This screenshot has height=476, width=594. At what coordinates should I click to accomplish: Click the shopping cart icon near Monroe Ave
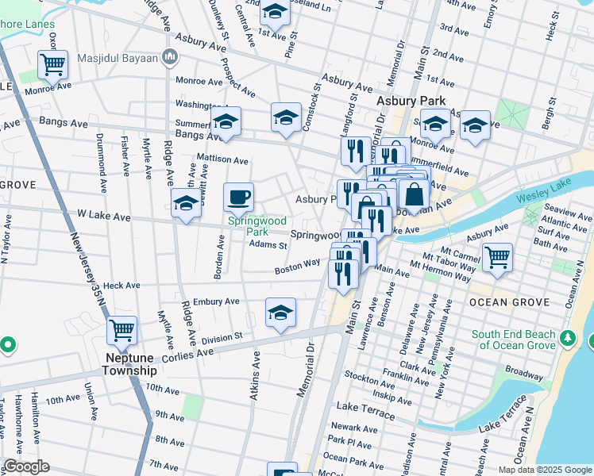click(x=52, y=63)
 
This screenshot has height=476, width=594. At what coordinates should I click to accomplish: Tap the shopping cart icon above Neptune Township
click(x=121, y=329)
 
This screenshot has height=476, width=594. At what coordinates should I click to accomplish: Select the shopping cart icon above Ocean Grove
click(x=497, y=256)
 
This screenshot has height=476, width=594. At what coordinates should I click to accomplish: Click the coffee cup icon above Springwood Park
click(x=238, y=196)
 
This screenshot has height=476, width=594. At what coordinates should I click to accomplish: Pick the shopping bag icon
click(x=414, y=194)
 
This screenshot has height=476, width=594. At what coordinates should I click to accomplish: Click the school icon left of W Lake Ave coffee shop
click(x=187, y=203)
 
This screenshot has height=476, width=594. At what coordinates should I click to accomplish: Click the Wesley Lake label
click(x=542, y=197)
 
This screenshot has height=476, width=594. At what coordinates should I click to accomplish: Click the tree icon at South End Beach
click(x=568, y=339)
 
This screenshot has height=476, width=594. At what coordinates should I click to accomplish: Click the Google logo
click(x=26, y=467)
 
